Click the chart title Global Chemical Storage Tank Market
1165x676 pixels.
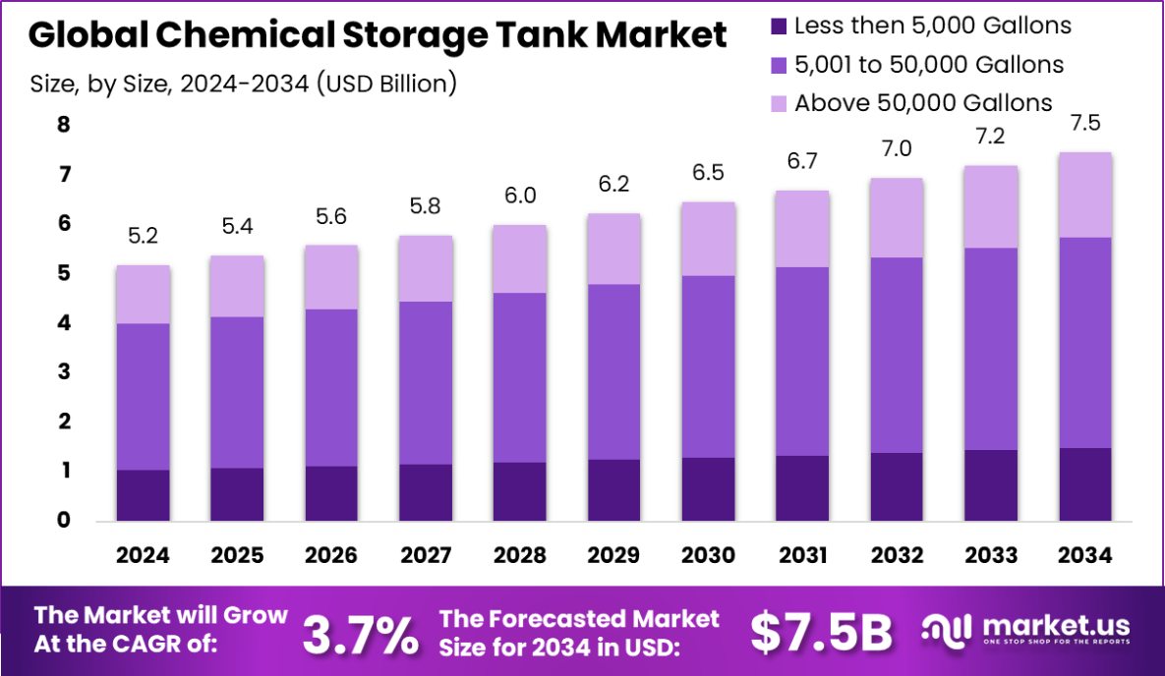(379, 36)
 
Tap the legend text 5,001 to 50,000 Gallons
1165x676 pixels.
(929, 65)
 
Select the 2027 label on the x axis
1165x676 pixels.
(426, 555)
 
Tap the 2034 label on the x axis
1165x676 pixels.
(1085, 555)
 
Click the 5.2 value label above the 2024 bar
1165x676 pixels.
(143, 237)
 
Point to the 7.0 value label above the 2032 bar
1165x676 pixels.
(897, 149)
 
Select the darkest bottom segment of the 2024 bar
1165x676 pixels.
(143, 495)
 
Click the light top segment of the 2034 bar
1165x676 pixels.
(1085, 195)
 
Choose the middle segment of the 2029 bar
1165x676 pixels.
(614, 371)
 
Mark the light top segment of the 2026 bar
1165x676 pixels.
(331, 277)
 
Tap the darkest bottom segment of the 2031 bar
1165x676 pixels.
(802, 487)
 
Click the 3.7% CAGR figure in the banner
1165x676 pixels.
(360, 634)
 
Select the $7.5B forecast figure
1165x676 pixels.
(821, 634)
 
